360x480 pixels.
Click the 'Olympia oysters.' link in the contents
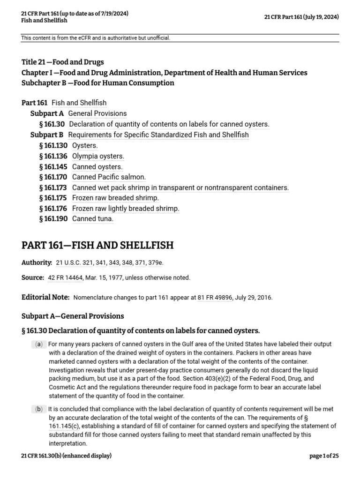click(98, 156)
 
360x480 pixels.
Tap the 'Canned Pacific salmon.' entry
click(109, 177)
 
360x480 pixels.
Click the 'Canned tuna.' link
click(93, 218)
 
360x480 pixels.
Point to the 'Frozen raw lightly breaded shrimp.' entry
click(126, 208)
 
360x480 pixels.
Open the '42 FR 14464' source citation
click(66, 277)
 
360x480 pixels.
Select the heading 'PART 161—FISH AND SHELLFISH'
click(97, 245)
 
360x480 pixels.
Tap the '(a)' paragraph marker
click(38, 345)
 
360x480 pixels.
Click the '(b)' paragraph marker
click(38, 409)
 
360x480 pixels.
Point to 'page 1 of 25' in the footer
click(324, 456)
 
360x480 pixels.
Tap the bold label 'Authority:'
click(37, 262)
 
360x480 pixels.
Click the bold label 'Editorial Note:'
click(45, 298)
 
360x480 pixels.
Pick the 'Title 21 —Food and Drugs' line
click(63, 62)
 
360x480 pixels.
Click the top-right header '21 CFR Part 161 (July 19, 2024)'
click(301, 17)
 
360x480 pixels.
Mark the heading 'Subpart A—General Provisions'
click(73, 316)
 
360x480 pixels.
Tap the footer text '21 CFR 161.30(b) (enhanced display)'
click(66, 456)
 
